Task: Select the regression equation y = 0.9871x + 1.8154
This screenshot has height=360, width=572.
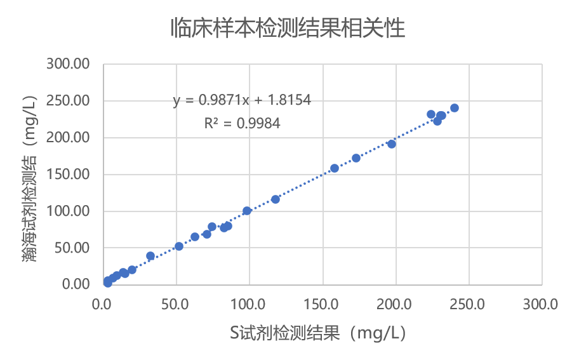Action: (241, 100)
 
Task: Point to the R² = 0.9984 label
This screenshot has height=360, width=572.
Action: (242, 123)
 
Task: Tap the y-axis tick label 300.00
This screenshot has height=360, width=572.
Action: (67, 65)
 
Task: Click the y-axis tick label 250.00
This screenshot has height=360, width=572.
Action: (67, 101)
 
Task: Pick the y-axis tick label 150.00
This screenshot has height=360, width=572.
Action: (67, 175)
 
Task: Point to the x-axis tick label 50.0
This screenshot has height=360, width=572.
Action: (175, 304)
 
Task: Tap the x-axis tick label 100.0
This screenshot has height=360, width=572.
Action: (249, 304)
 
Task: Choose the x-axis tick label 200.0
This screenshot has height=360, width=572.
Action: (396, 304)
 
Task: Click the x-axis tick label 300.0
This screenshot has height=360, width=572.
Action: (542, 304)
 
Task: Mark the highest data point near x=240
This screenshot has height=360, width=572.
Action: (455, 108)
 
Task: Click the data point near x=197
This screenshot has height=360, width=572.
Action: (392, 144)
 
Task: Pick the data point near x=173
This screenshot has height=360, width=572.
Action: (356, 158)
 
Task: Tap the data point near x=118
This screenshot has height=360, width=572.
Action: (276, 199)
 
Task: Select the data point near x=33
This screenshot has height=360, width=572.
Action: (150, 256)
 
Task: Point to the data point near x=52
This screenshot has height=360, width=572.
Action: (179, 246)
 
